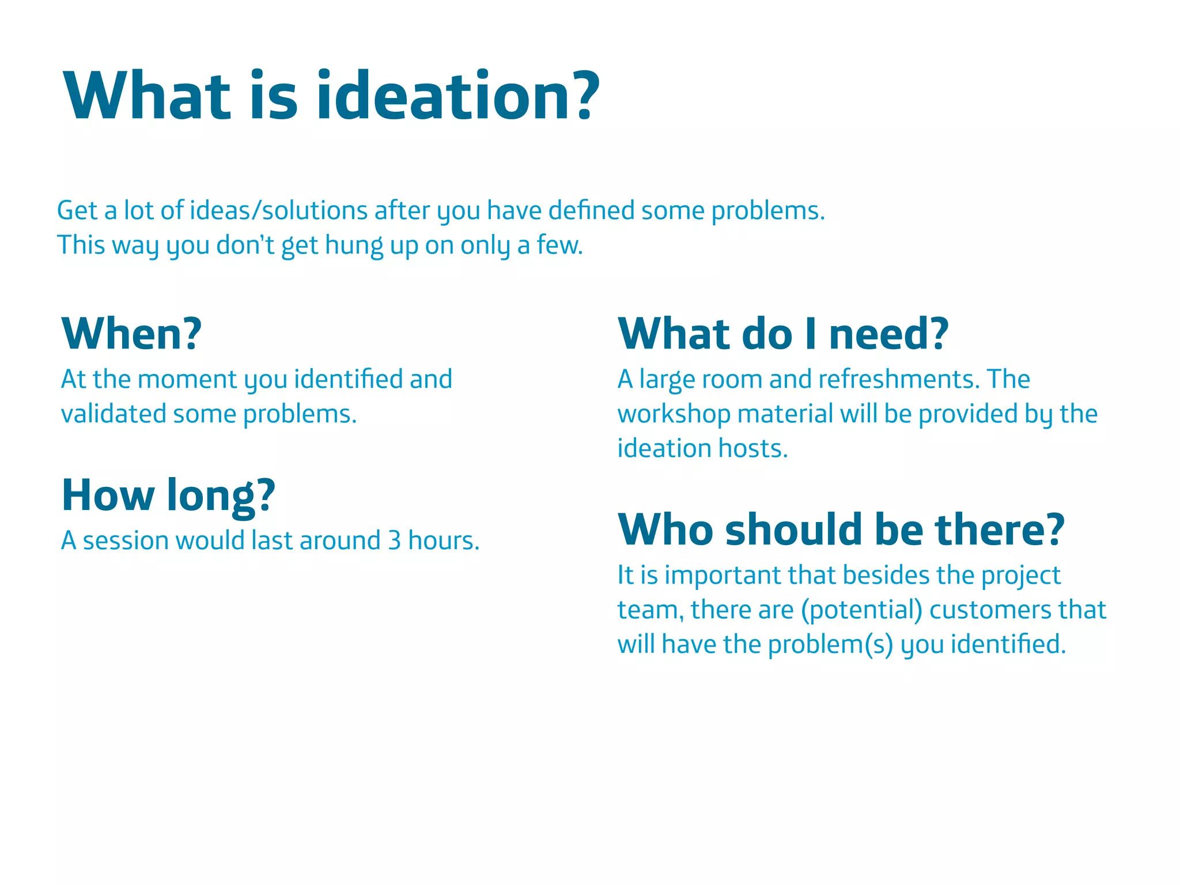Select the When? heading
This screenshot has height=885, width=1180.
tap(131, 334)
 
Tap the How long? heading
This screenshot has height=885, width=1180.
tap(168, 495)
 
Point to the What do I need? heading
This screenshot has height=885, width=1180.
tap(783, 334)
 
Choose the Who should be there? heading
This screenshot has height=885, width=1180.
tap(841, 530)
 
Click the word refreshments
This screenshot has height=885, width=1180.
tap(899, 379)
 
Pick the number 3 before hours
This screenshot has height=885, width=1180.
tap(394, 540)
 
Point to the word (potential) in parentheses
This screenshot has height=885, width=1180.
tap(861, 610)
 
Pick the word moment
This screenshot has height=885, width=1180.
tap(187, 379)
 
